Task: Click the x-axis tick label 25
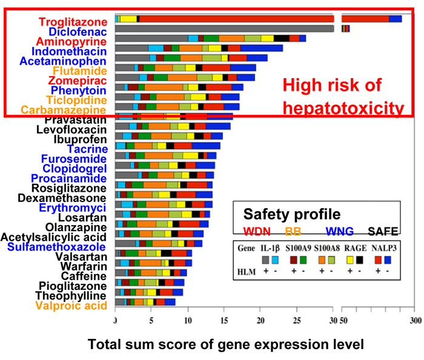[x=297, y=320]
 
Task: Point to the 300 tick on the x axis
[x=416, y=320]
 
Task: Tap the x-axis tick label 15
[x=224, y=320]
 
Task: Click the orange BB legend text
[x=294, y=231]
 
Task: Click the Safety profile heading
[x=291, y=214]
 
